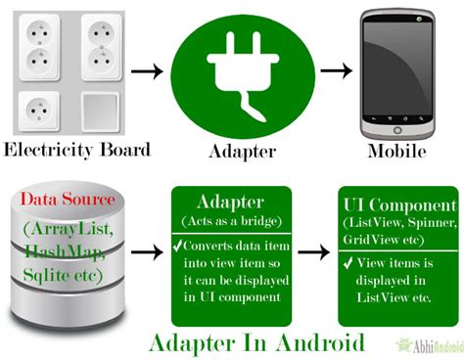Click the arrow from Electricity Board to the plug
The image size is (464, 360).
click(147, 71)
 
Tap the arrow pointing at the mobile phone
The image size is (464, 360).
click(337, 70)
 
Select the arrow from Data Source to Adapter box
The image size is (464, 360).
click(147, 252)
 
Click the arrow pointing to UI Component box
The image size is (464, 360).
click(314, 252)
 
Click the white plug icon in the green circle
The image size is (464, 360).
click(243, 75)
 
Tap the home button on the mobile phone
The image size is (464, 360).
click(397, 130)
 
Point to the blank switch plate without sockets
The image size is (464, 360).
click(100, 112)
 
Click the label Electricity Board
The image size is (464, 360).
click(77, 150)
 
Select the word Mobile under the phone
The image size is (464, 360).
click(396, 151)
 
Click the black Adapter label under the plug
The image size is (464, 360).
click(243, 152)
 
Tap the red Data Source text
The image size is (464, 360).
click(68, 199)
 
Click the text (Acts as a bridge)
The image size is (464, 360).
click(231, 221)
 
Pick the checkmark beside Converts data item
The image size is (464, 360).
click(177, 246)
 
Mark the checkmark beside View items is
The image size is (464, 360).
click(348, 263)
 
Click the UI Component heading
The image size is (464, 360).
click(399, 205)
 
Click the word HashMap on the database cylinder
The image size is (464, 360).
click(64, 251)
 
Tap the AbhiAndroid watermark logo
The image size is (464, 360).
click(430, 345)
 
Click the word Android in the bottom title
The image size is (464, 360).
click(320, 343)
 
